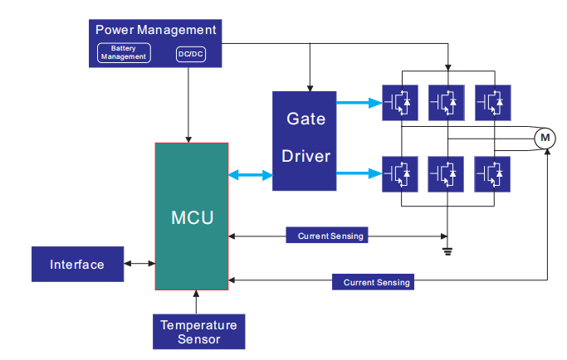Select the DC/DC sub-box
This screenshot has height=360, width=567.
188,54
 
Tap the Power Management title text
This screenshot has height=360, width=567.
156,30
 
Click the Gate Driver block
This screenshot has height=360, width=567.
306,139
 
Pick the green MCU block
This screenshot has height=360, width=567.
192,216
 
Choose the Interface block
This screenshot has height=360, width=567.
77,265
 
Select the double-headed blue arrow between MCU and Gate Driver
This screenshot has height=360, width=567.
251,175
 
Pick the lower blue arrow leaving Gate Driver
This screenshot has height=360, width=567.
361,173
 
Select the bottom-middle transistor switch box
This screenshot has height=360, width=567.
447,174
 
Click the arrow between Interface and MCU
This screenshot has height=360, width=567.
139,265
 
